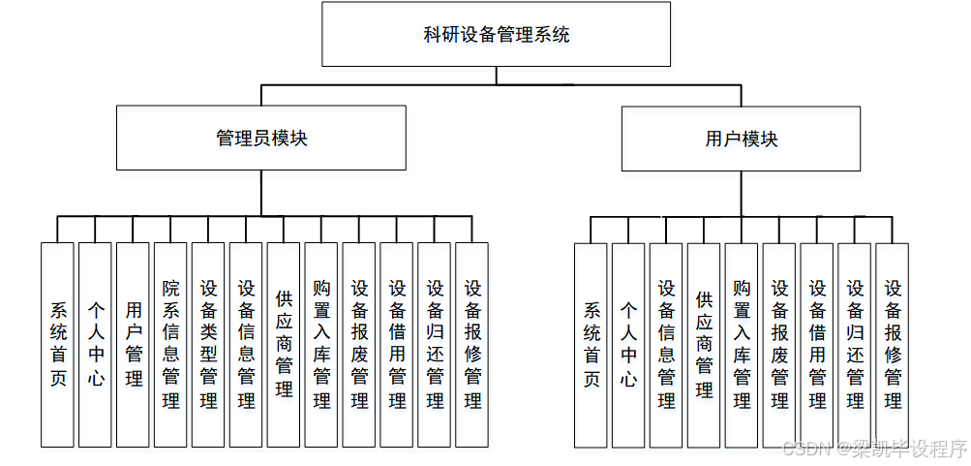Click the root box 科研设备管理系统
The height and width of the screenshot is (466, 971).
point(496,35)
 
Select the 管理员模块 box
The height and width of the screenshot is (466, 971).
point(261,139)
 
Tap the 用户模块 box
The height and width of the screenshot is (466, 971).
point(742,139)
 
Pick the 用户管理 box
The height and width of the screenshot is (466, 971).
point(133,344)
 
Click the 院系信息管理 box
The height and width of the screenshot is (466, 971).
point(170,344)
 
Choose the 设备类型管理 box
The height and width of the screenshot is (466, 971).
point(208,344)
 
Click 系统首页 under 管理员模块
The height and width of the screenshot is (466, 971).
point(57,344)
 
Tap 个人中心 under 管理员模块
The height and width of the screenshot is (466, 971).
point(95,344)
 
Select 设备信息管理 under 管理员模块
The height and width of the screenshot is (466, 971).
point(246,344)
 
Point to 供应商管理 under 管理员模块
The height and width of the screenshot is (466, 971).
point(284,344)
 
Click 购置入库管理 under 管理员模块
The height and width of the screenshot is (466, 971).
point(321,344)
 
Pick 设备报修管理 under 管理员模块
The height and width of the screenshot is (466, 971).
point(472,344)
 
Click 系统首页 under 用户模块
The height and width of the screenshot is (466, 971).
point(591,344)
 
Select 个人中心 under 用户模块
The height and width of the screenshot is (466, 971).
point(628,344)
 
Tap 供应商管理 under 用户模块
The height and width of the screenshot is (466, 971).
point(704,344)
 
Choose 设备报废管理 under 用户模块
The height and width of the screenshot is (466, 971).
point(779,344)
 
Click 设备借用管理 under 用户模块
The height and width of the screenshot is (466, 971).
point(817,344)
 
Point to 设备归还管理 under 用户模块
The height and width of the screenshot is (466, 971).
point(855,344)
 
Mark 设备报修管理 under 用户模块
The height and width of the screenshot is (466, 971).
point(893,344)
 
